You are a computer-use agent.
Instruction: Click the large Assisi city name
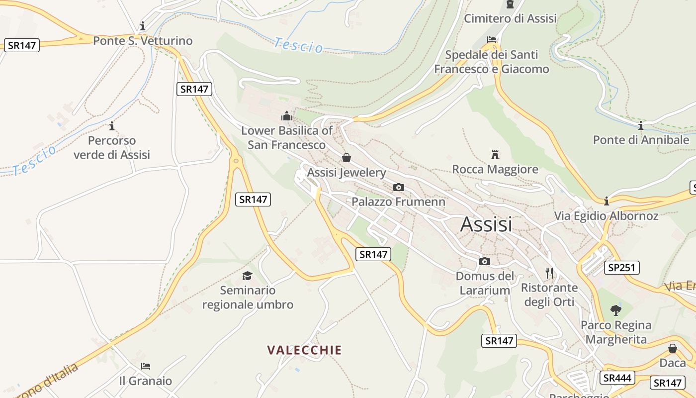pos(486,224)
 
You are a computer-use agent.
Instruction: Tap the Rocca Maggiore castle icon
pos(495,155)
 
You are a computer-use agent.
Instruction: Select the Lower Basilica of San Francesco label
pos(287,138)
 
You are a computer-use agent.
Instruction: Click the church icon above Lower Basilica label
pos(287,116)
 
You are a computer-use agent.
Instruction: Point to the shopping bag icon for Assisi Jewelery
pos(347,158)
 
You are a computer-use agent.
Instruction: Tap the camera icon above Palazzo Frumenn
pos(398,187)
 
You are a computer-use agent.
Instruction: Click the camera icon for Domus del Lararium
pos(485,261)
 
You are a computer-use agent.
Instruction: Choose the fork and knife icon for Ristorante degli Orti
pos(549,273)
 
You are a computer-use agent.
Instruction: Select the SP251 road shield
pos(621,268)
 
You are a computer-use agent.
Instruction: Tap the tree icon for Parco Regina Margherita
pos(616,310)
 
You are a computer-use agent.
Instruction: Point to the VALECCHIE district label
pos(304,350)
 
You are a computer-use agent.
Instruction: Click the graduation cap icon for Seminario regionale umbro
pos(247,276)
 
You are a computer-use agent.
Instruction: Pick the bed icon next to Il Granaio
pos(145,366)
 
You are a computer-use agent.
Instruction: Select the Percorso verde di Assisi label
pos(112,148)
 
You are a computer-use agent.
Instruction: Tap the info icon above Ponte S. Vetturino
pos(143,26)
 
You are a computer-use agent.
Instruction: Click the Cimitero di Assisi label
pos(510,19)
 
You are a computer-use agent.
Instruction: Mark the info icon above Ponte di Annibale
pos(640,125)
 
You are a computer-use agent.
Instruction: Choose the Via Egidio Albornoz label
pos(606,216)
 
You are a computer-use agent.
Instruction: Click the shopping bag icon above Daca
pos(673,348)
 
